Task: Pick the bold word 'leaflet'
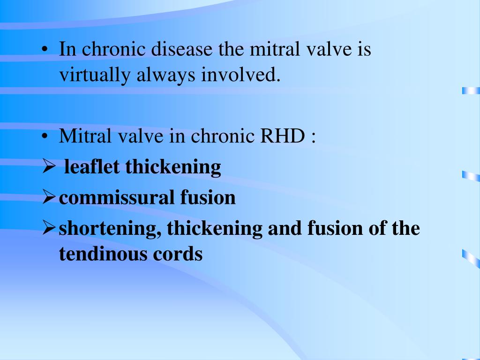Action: (x=92, y=167)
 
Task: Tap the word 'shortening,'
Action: (x=110, y=229)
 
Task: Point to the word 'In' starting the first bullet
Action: (x=67, y=49)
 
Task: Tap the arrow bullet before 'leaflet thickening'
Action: (x=49, y=167)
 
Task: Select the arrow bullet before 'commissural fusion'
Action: (x=49, y=198)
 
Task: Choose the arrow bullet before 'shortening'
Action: (x=49, y=229)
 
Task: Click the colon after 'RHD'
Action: (x=312, y=138)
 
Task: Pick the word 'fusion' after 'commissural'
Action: (x=208, y=198)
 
